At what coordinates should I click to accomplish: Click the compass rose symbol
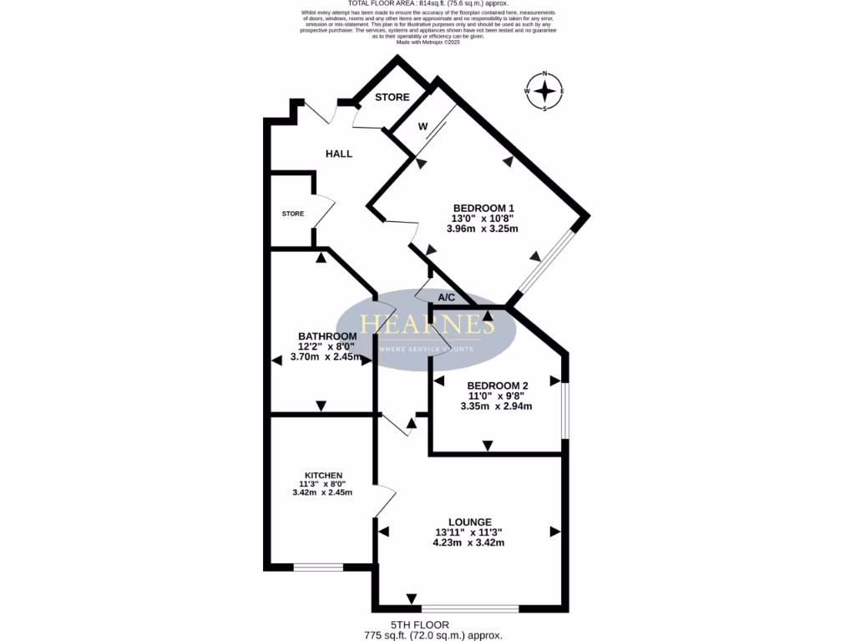pos(544,91)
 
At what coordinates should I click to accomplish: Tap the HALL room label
pos(339,154)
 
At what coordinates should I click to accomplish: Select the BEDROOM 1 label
pos(483,208)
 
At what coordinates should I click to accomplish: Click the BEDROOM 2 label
pos(498,386)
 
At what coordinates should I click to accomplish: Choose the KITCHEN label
pos(323,475)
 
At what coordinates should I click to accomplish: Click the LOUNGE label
pos(468,522)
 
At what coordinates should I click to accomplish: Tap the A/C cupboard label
pos(447,297)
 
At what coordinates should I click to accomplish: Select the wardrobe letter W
pos(423,127)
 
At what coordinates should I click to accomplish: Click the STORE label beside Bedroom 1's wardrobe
pos(392,98)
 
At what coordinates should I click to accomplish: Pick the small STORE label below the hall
pos(292,214)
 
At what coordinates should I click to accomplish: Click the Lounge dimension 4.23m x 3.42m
pos(468,543)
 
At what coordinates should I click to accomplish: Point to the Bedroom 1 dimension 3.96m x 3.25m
pos(483,229)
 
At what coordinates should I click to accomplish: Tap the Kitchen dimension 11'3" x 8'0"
pos(322,483)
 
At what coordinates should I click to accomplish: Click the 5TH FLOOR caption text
pos(420,624)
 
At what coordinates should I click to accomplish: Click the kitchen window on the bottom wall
pos(318,568)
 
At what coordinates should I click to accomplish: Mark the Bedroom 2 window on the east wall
pos(565,410)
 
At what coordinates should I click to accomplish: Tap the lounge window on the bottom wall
pos(469,608)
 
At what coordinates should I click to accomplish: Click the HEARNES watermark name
pos(427,325)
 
